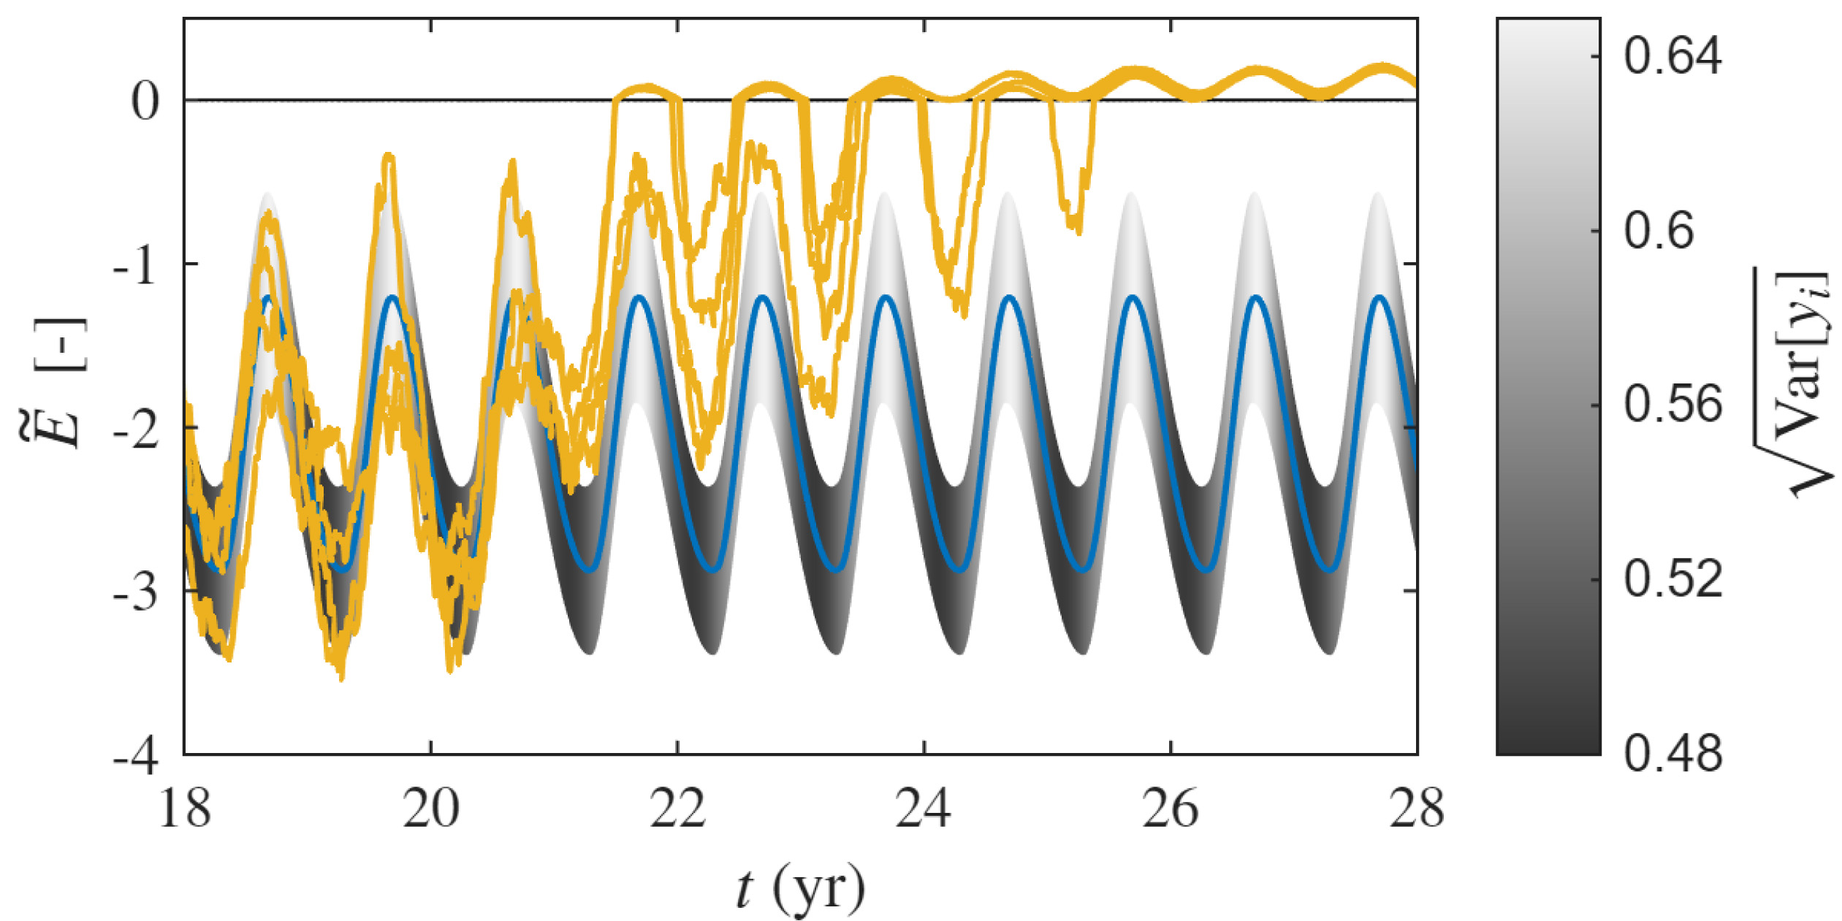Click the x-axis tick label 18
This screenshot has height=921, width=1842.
click(x=184, y=809)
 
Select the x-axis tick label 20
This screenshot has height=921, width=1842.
click(x=431, y=809)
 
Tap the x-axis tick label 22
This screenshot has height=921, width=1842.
click(x=678, y=809)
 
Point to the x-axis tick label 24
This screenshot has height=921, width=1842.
click(x=924, y=809)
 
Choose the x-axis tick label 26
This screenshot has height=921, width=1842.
click(x=1171, y=809)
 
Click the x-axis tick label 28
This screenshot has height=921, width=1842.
click(x=1417, y=809)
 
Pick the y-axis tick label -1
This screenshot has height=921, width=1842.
click(x=136, y=264)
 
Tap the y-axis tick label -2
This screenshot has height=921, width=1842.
click(x=136, y=428)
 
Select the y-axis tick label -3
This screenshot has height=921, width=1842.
click(x=136, y=592)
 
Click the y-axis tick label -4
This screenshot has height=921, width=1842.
click(x=136, y=755)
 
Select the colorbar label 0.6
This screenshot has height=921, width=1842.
click(x=1659, y=230)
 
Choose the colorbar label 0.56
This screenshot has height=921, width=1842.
click(x=1672, y=403)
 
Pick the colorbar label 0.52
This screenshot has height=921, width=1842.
click(x=1672, y=578)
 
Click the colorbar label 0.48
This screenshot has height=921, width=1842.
click(x=1672, y=753)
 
